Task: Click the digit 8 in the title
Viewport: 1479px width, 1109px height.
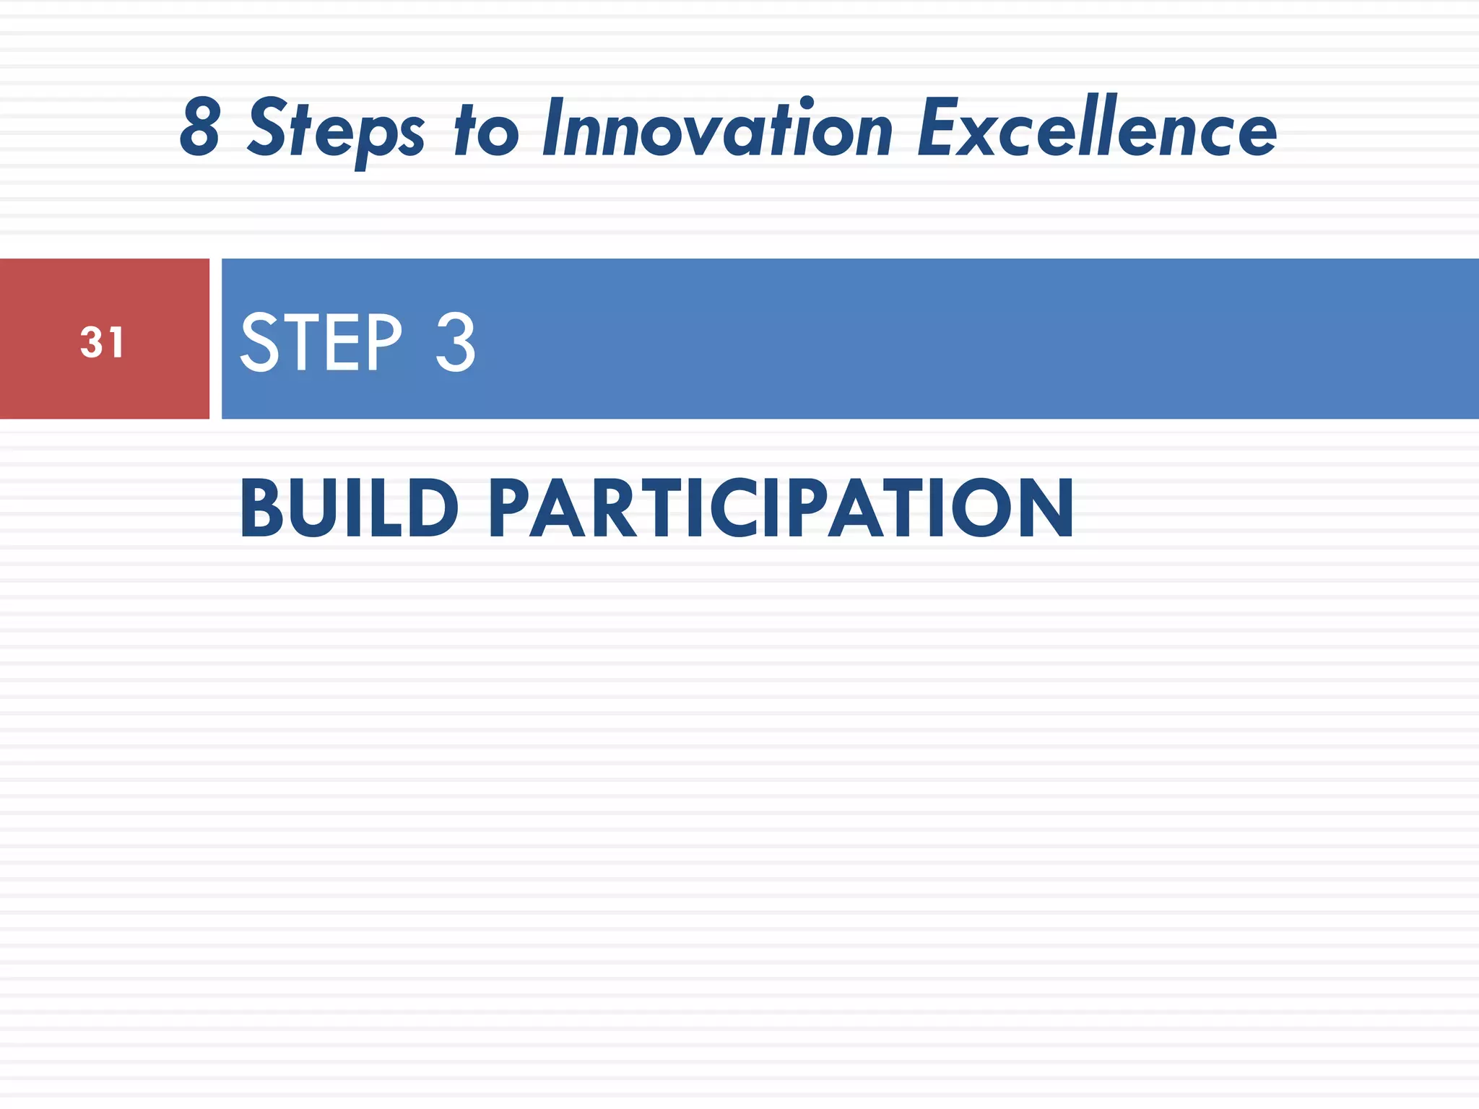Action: (x=200, y=129)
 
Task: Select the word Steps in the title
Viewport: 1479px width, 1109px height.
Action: (x=336, y=130)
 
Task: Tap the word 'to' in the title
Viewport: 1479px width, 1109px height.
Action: (x=486, y=130)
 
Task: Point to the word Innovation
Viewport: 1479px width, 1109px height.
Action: (x=718, y=129)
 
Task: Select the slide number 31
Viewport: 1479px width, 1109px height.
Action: (x=102, y=342)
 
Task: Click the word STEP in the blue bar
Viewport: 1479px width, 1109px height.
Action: (x=321, y=342)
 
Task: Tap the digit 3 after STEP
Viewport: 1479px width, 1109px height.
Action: (x=456, y=342)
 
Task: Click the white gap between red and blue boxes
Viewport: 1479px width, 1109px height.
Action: (x=215, y=339)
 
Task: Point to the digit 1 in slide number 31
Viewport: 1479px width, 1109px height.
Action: (x=116, y=342)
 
